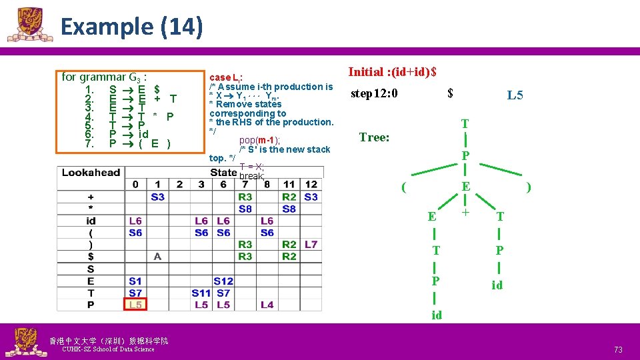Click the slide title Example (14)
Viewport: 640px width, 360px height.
131,27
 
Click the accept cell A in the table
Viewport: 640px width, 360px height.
157,257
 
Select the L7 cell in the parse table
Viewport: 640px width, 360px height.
311,245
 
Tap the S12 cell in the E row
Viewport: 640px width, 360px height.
223,281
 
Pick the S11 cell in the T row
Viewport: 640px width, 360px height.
201,293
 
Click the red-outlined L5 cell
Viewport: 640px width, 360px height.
135,305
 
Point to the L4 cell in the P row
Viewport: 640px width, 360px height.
267,305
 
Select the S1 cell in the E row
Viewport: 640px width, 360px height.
135,281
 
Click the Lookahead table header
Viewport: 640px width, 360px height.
91,173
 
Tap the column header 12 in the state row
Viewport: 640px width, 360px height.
311,185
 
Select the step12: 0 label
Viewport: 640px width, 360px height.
374,93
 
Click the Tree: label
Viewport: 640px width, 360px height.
374,137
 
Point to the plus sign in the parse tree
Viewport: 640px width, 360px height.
465,213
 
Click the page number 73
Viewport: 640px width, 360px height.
618,349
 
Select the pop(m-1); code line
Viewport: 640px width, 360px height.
259,139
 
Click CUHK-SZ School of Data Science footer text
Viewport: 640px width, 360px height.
107,349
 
